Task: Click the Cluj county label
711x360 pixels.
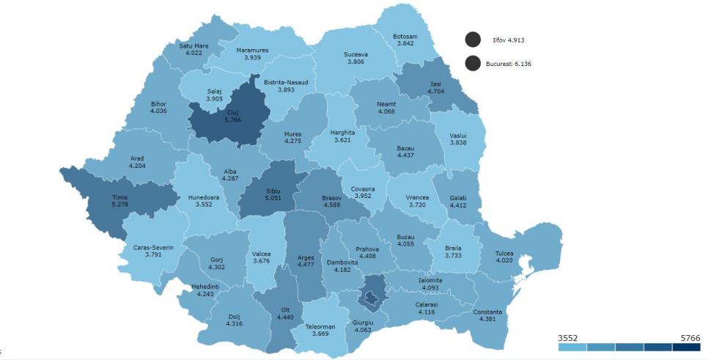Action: click(x=213, y=111)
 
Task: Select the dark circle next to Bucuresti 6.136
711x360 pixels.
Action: click(x=472, y=64)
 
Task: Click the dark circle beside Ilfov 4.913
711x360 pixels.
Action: click(x=472, y=40)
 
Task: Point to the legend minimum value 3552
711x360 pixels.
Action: click(x=569, y=337)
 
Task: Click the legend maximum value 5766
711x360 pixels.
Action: click(x=689, y=337)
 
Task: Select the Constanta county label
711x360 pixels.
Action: click(x=488, y=311)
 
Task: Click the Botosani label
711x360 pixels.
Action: click(x=405, y=36)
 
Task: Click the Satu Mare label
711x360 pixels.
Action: click(x=194, y=45)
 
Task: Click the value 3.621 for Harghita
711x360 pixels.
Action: click(x=342, y=139)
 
